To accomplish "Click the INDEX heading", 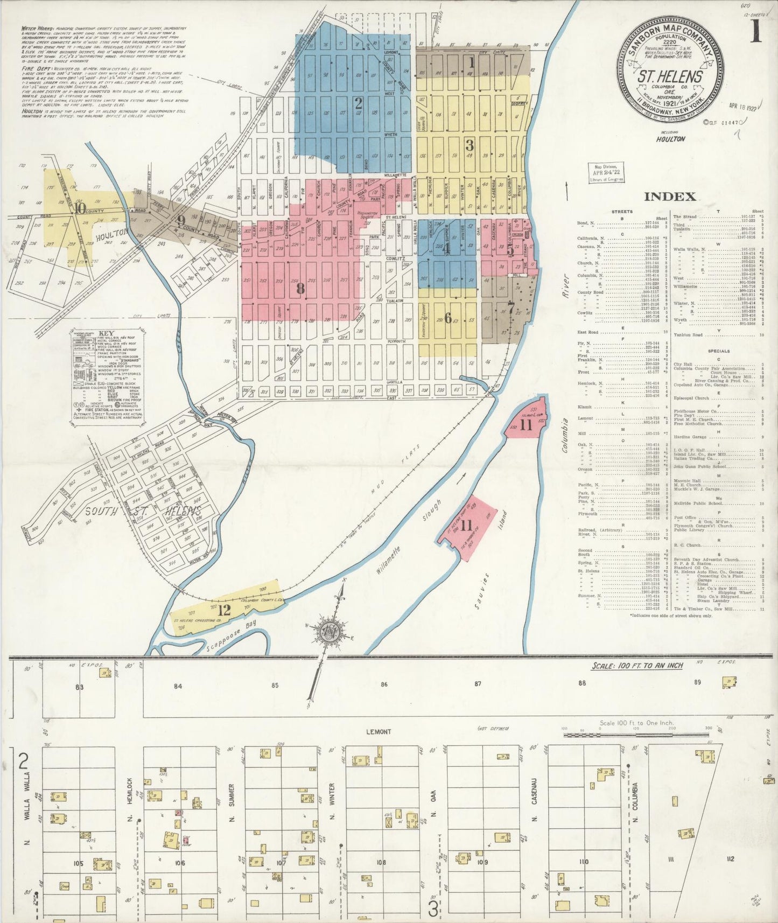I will click(670, 196).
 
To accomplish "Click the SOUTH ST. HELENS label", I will click(143, 511).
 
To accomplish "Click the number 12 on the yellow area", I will click(224, 610).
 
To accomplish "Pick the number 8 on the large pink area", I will click(300, 289).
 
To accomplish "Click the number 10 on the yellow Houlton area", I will click(81, 208).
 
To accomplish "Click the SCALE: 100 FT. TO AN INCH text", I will click(637, 666).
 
